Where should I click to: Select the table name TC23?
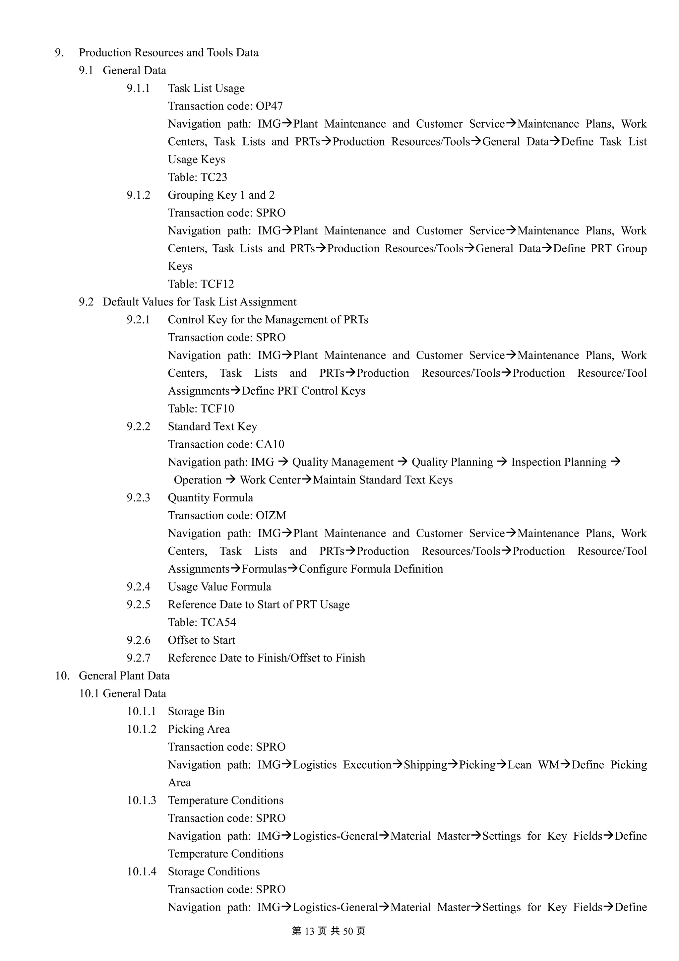point(214,177)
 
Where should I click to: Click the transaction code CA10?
point(270,444)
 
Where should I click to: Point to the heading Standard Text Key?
point(212,426)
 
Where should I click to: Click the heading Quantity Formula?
point(211,498)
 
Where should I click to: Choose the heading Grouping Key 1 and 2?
point(221,195)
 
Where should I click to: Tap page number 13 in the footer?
point(309,931)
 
